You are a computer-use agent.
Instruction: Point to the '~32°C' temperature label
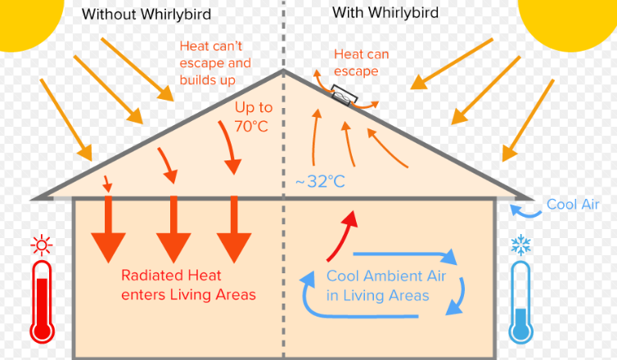pyautogui.click(x=320, y=181)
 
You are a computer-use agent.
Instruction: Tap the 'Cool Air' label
pyautogui.click(x=574, y=205)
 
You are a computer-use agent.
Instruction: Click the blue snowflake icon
pyautogui.click(x=520, y=244)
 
